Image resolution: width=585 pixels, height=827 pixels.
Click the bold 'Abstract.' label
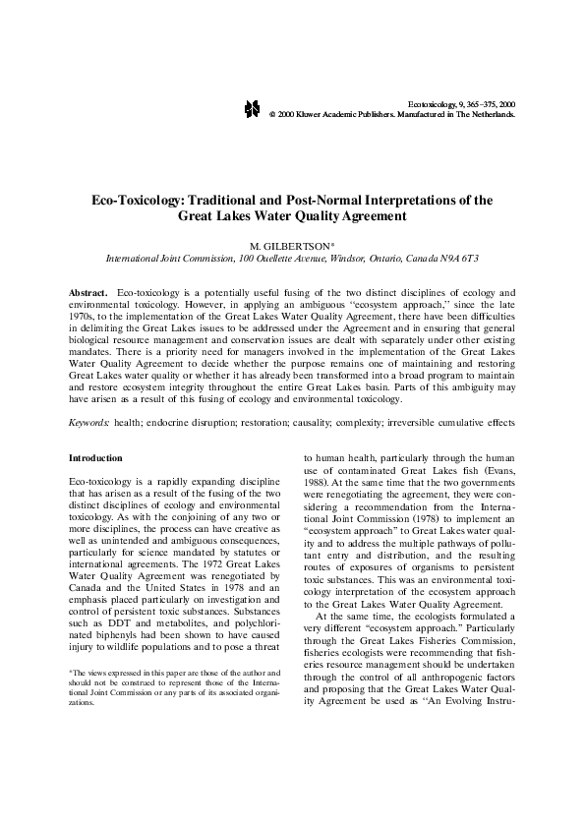point(88,294)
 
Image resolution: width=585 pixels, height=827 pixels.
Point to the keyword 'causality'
point(339,422)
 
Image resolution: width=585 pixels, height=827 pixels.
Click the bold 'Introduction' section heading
point(95,458)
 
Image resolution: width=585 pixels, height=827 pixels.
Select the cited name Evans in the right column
point(497,470)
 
